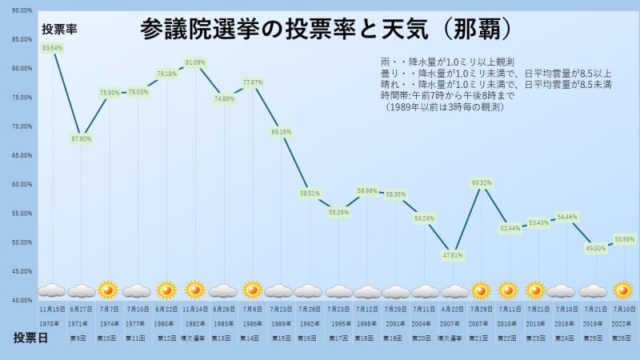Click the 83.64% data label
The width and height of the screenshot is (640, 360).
(x=53, y=48)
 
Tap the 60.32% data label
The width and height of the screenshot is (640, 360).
(x=482, y=183)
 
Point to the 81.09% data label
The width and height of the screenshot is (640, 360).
(x=195, y=62)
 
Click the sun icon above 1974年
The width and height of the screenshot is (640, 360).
(x=108, y=290)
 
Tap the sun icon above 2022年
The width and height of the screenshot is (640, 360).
(x=623, y=290)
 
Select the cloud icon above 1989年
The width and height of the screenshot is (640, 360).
(x=279, y=290)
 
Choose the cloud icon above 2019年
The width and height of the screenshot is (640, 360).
(x=593, y=290)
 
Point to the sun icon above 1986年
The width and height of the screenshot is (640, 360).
(x=252, y=290)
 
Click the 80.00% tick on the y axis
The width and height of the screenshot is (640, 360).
(x=22, y=68)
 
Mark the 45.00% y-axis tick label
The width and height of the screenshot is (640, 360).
(x=22, y=271)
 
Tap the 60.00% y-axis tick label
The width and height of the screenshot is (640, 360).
(x=22, y=184)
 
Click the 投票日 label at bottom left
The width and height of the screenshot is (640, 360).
(x=30, y=337)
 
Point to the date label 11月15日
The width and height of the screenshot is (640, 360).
(x=53, y=308)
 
